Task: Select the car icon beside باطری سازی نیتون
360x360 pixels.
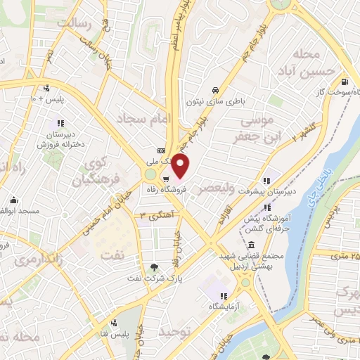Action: (214, 90)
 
